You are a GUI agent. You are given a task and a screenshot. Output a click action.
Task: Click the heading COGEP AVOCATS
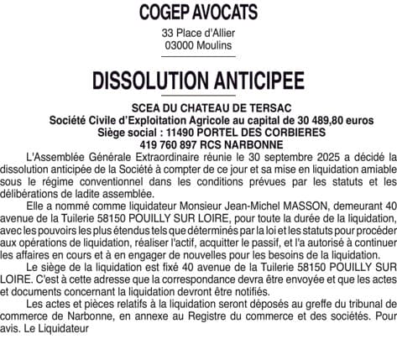198,13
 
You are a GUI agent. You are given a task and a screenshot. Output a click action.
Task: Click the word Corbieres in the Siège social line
292,133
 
